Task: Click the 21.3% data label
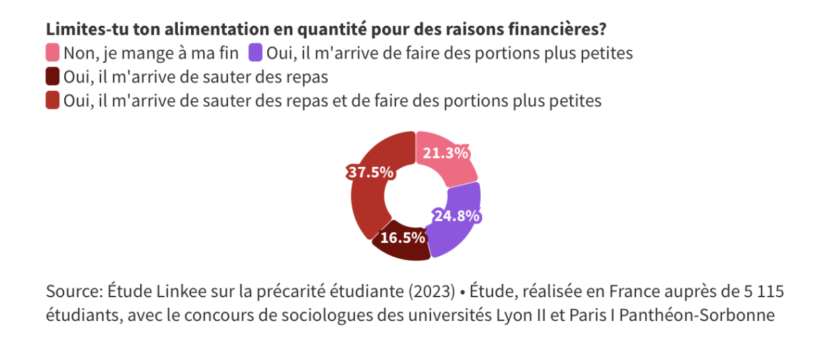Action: coord(445,153)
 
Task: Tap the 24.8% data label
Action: coord(457,216)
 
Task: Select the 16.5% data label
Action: coord(402,238)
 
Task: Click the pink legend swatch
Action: coord(53,52)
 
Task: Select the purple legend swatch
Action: coord(256,52)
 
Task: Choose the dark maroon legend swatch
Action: coord(53,76)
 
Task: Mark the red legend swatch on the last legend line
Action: coord(53,100)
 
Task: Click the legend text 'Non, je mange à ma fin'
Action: coord(151,53)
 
